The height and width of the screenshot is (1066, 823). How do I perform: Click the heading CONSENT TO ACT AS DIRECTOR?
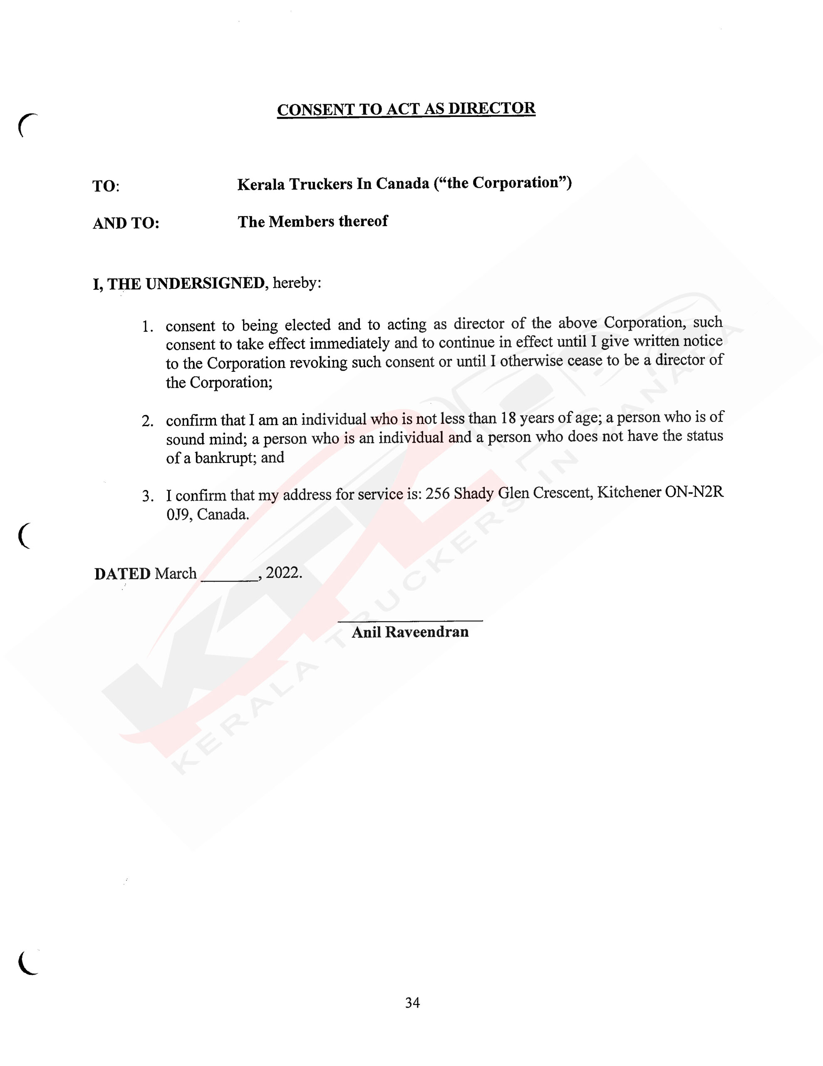(x=406, y=109)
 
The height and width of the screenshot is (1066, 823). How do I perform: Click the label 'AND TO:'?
(x=126, y=223)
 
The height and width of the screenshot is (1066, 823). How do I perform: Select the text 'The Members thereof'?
(x=312, y=222)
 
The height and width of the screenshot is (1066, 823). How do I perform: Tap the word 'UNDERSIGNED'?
(x=205, y=284)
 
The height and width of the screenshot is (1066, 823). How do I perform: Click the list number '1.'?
(x=148, y=327)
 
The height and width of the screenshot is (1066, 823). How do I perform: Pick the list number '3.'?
(x=148, y=497)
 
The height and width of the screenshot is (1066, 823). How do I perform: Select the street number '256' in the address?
(x=437, y=494)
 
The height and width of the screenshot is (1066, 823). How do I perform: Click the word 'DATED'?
(x=122, y=574)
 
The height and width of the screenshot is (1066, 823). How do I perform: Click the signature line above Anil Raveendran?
(x=410, y=620)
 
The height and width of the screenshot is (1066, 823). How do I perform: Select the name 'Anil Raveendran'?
(x=410, y=632)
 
